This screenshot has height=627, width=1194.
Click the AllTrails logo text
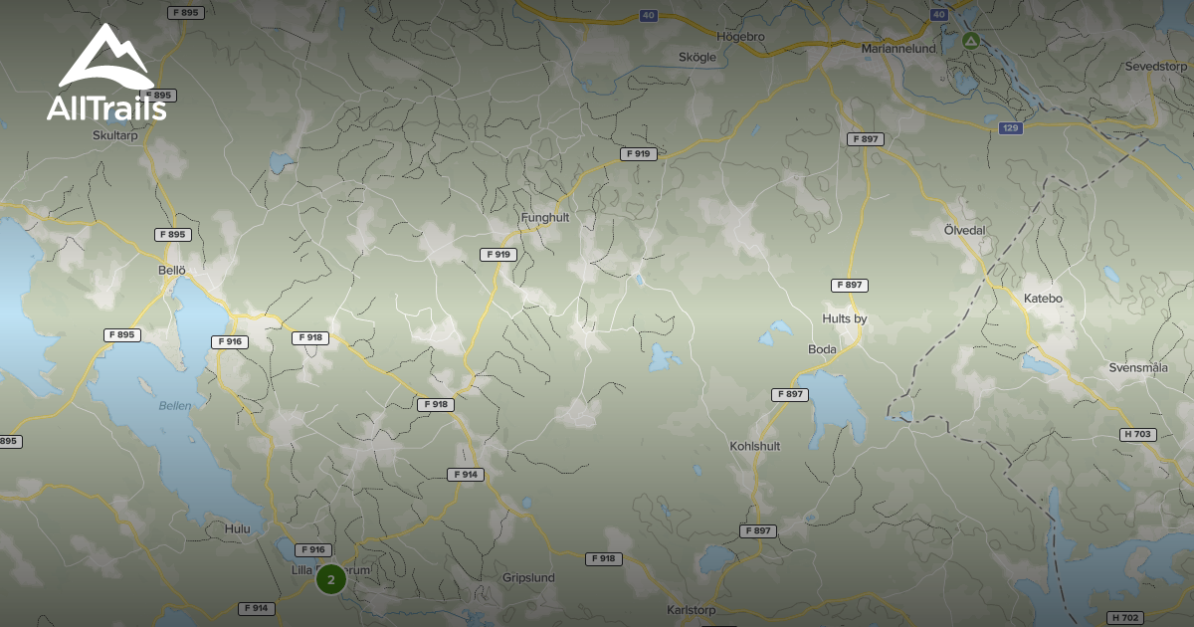pos(105,108)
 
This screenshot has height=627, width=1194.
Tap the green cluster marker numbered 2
pos(331,579)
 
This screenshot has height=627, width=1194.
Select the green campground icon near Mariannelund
pos(971,41)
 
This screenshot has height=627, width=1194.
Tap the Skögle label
pos(696,58)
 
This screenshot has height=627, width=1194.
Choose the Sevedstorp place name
pos(1156,67)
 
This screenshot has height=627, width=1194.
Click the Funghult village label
pos(544,216)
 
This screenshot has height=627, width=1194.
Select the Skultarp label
pos(115,134)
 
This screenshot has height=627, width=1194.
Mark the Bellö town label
pos(172,270)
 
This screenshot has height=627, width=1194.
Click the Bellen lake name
pos(175,406)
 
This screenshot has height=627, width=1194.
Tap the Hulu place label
pos(238,529)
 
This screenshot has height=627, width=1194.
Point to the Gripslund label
pos(528,577)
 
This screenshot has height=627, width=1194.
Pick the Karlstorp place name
pos(692,609)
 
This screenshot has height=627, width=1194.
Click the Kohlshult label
pos(754,446)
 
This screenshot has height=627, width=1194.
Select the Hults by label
pos(845,318)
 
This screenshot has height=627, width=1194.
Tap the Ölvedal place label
pos(964,230)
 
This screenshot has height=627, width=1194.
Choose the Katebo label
pos(1043,298)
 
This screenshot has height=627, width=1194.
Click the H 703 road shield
pos(1137,434)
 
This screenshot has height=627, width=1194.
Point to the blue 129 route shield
pos(1011,128)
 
